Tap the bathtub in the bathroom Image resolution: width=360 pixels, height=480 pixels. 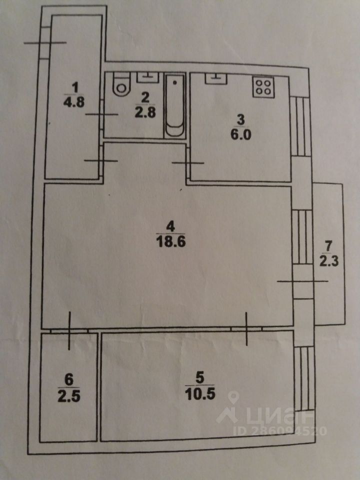click(174, 105)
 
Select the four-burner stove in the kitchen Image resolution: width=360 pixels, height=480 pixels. click(264, 87)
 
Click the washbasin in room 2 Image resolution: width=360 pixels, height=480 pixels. click(148, 77)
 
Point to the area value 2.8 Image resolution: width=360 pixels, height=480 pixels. click(144, 112)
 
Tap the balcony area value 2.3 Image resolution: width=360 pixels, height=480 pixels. click(328, 261)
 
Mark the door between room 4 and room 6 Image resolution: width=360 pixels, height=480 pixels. click(69, 329)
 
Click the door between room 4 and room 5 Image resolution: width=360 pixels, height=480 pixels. click(247, 328)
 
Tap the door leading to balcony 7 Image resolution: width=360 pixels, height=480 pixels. click(300, 281)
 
